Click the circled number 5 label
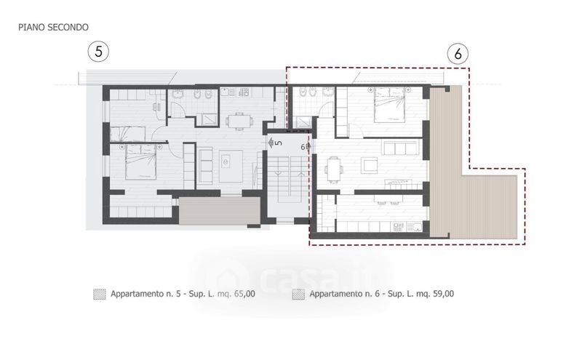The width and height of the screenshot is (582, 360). tap(98, 51)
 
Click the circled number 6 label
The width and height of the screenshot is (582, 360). tap(458, 54)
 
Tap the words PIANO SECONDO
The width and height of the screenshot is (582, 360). tap(53, 27)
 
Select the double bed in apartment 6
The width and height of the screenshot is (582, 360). tap(389, 105)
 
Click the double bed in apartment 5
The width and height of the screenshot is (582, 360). tap(140, 161)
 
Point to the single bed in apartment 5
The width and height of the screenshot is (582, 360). tap(127, 134)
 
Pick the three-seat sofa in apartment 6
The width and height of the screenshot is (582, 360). tap(401, 148)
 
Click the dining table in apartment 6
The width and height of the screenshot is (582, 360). tap(333, 169)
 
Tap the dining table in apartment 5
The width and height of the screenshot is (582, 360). tap(239, 121)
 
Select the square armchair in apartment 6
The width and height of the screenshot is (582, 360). tap(370, 165)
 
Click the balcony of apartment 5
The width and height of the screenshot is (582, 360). tap(220, 210)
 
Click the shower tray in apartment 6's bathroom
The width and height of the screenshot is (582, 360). tap(304, 122)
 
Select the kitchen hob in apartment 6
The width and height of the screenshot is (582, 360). tap(398, 227)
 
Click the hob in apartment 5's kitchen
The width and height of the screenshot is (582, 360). tap(244, 92)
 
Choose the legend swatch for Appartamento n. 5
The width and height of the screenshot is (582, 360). tap(100, 295)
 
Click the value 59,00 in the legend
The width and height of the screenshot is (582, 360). tap(442, 294)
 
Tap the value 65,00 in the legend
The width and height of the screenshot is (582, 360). tap(244, 294)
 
